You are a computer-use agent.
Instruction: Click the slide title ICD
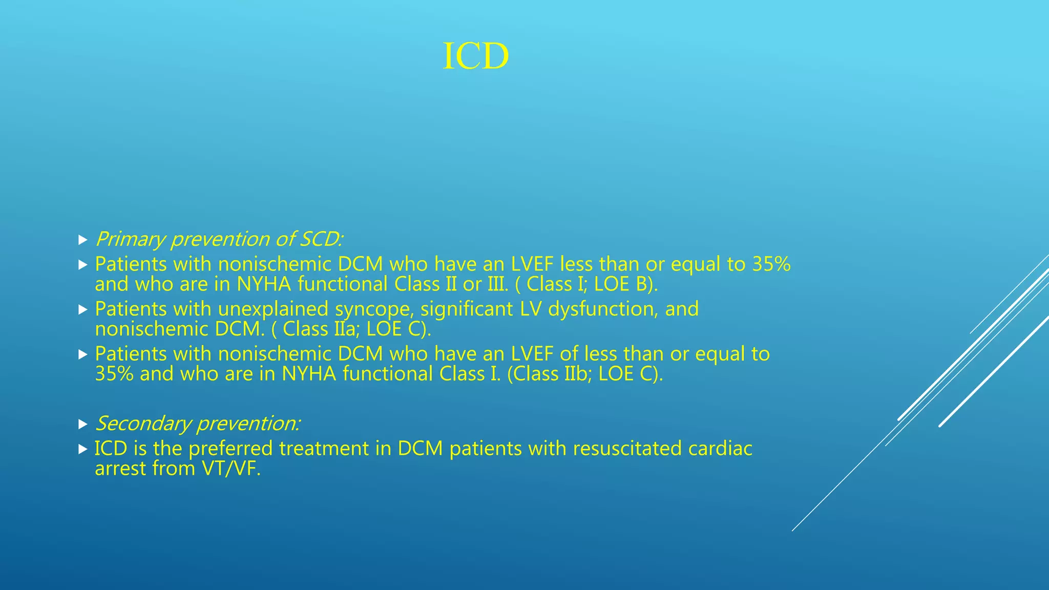pos(475,56)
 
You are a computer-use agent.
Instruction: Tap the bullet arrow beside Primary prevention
pos(83,240)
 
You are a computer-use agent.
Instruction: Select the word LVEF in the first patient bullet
pos(532,264)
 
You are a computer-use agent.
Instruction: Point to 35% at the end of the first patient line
pos(771,264)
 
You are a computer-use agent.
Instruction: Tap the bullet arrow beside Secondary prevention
pos(83,424)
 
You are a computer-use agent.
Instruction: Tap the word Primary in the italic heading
pos(130,239)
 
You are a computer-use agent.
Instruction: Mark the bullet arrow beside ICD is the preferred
pos(83,449)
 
